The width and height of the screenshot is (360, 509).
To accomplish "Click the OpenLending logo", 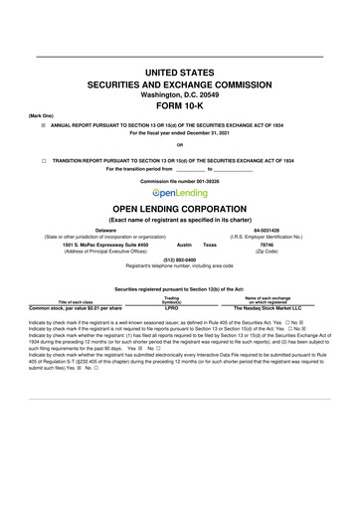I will (180, 194).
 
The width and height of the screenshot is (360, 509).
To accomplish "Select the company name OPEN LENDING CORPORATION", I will (180, 210).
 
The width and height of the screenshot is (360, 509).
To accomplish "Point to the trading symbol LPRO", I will (171, 281).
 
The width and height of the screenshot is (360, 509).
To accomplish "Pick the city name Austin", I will (183, 244).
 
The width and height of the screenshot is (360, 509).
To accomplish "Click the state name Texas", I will (209, 244).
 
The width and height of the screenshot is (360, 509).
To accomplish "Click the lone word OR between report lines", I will (180, 147).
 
